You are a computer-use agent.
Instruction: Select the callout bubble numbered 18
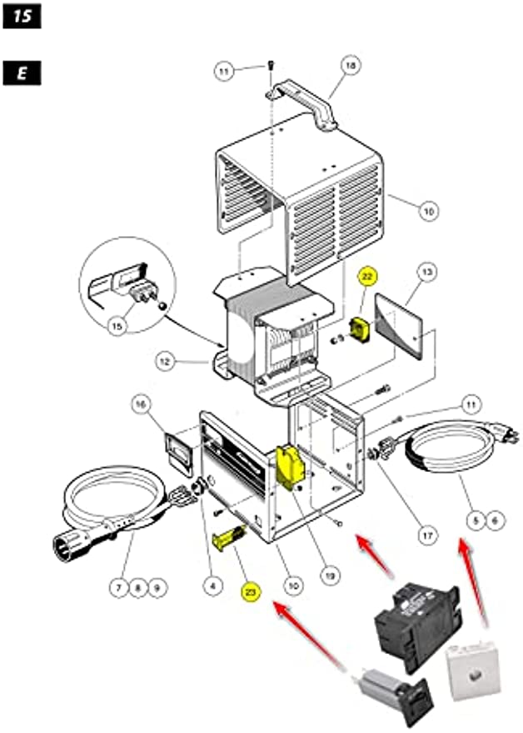pyautogui.click(x=351, y=65)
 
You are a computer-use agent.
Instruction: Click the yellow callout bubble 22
pyautogui.click(x=367, y=278)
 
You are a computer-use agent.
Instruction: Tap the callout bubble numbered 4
pyautogui.click(x=212, y=587)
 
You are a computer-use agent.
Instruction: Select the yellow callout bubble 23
pyautogui.click(x=249, y=592)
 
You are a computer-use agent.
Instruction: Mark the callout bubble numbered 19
pyautogui.click(x=331, y=574)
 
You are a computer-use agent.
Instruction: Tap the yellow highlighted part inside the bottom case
pyautogui.click(x=291, y=467)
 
